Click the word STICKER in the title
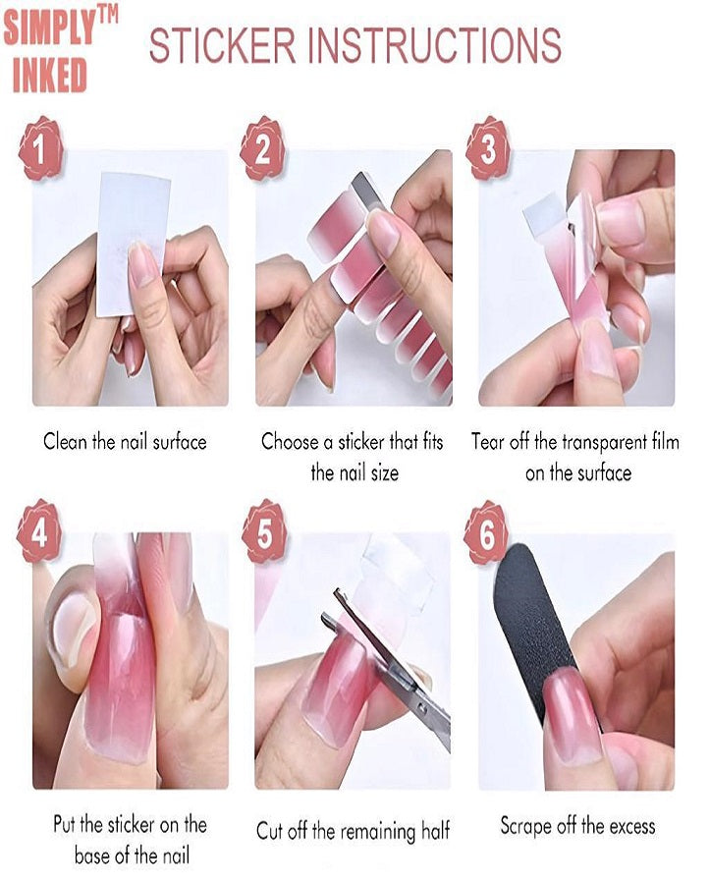(222, 45)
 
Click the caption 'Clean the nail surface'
(125, 441)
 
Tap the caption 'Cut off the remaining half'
(353, 831)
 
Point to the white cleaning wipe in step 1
(132, 231)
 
